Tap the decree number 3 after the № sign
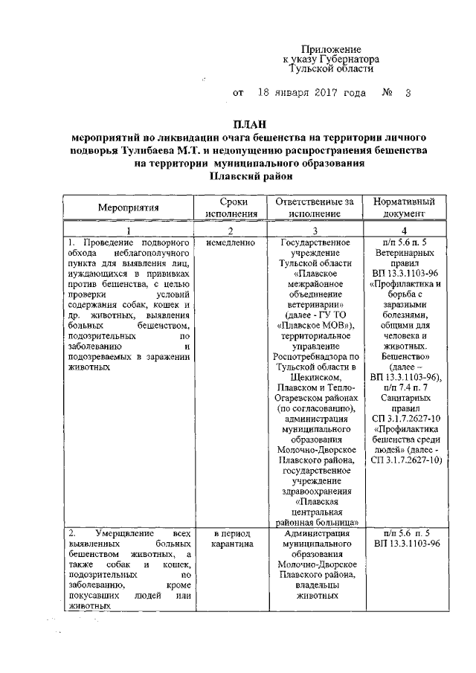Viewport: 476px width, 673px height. tap(408, 94)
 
